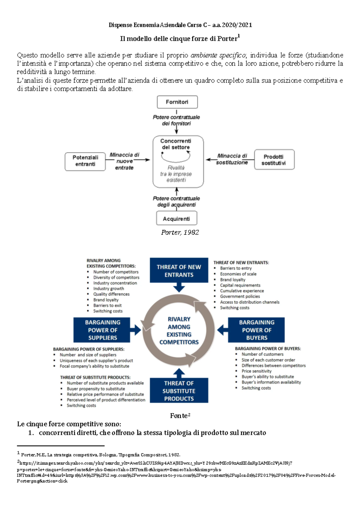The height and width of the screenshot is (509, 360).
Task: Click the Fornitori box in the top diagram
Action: (x=177, y=102)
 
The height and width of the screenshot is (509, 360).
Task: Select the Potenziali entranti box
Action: (x=85, y=161)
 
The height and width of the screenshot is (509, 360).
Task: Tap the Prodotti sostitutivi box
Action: (x=274, y=160)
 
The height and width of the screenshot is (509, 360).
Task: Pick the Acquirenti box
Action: (x=176, y=219)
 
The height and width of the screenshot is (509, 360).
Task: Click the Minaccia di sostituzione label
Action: (x=232, y=159)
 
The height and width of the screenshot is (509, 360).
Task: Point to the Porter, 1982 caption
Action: (x=180, y=232)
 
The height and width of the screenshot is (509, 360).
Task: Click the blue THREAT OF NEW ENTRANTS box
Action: (x=179, y=270)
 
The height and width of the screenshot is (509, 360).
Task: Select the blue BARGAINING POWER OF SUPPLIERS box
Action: (x=102, y=330)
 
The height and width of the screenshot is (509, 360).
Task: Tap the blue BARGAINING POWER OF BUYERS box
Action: (x=256, y=330)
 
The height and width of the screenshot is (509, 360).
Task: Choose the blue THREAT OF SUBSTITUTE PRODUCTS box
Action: (x=179, y=391)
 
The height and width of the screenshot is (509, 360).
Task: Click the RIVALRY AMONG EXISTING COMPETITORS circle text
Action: (x=179, y=331)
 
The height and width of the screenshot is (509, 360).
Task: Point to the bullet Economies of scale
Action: (x=238, y=274)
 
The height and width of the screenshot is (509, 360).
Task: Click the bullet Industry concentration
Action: (x=115, y=283)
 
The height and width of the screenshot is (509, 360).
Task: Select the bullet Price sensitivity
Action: (x=256, y=371)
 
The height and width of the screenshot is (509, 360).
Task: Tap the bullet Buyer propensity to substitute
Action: (x=96, y=389)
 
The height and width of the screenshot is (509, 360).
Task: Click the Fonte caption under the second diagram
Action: (x=179, y=416)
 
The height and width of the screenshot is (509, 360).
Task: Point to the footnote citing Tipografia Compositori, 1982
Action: (x=100, y=455)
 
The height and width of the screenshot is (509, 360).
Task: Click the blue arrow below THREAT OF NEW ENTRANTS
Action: (x=179, y=288)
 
